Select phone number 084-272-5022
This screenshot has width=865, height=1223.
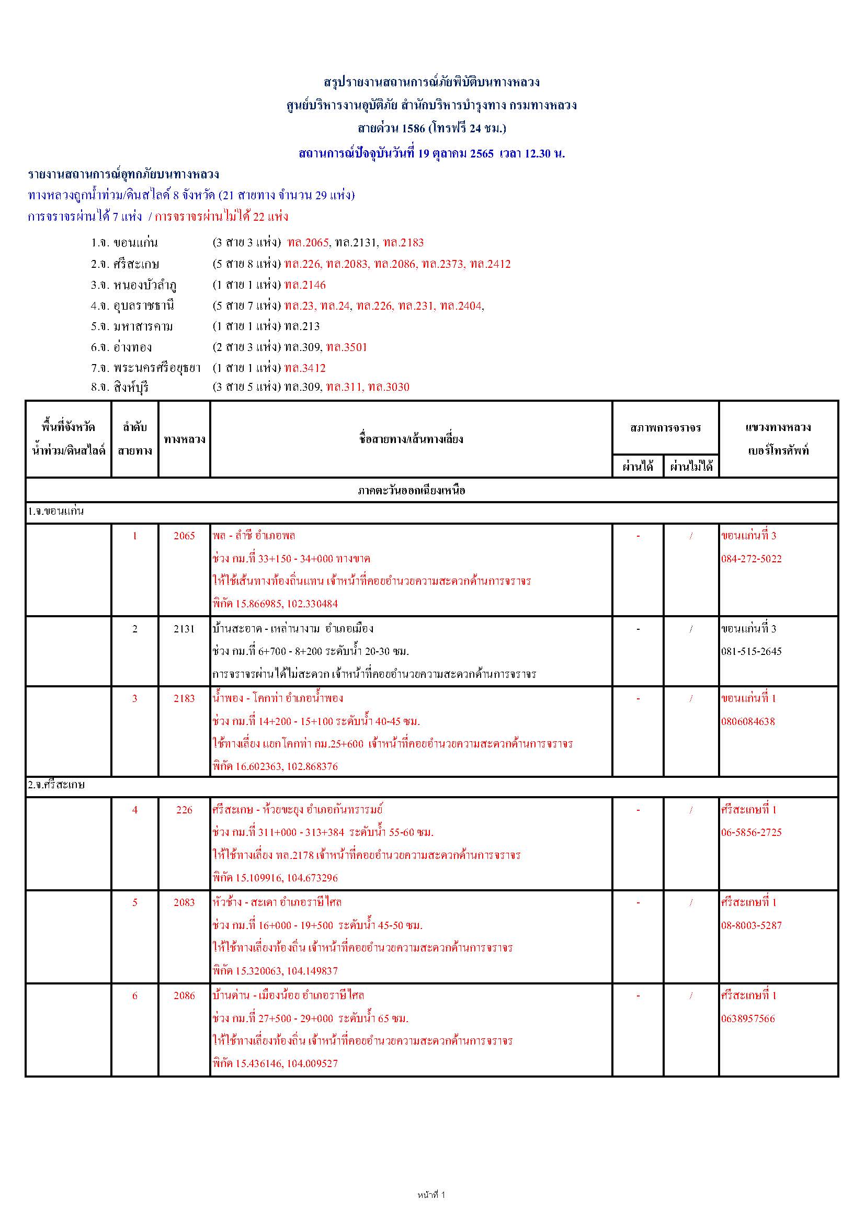751,559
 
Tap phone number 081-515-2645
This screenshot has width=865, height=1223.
751,651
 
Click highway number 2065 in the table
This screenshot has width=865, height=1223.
184,536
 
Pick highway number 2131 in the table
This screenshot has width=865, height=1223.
184,629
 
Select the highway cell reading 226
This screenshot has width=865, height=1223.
184,810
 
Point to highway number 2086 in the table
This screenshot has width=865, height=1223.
184,995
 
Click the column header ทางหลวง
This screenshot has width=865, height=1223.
184,439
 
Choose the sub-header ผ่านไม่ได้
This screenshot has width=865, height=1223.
691,467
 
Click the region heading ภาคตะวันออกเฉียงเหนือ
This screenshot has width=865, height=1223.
411,490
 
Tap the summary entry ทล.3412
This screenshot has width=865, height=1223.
305,368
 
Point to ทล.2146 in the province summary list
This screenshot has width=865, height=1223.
305,285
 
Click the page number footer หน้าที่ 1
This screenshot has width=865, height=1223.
431,1195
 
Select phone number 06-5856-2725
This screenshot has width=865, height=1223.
751,833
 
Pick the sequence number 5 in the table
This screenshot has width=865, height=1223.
135,902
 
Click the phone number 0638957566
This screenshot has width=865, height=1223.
748,1019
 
